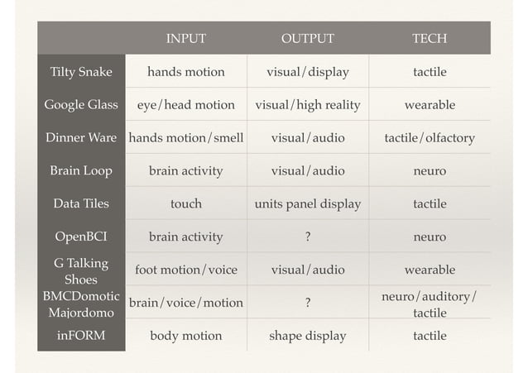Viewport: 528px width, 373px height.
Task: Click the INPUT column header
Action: point(185,39)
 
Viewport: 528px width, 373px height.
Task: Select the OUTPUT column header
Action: point(307,39)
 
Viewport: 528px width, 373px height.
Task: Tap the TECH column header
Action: point(430,39)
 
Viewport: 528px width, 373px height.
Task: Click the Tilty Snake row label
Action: point(81,72)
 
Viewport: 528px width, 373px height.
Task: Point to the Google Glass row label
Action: point(81,105)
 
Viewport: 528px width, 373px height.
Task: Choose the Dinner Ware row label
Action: point(81,138)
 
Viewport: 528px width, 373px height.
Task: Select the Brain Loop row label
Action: point(81,171)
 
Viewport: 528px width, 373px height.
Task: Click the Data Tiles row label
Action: point(81,203)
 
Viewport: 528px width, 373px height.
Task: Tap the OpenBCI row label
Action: point(81,237)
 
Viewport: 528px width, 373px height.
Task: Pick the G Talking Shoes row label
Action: point(81,270)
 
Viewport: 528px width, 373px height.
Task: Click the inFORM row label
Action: point(81,336)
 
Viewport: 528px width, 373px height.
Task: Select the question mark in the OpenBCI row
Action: point(307,237)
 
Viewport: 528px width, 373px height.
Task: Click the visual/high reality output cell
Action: point(307,105)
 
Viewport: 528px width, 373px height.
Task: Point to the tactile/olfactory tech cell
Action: point(430,138)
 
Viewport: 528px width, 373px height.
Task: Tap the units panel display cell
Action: point(307,203)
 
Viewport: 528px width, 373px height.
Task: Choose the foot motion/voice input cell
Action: point(185,270)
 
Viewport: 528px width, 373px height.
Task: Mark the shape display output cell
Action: point(307,336)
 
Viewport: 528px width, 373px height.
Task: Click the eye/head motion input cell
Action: point(185,105)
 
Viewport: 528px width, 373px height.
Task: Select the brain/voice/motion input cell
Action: point(185,303)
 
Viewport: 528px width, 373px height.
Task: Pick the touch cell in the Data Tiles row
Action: point(185,203)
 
